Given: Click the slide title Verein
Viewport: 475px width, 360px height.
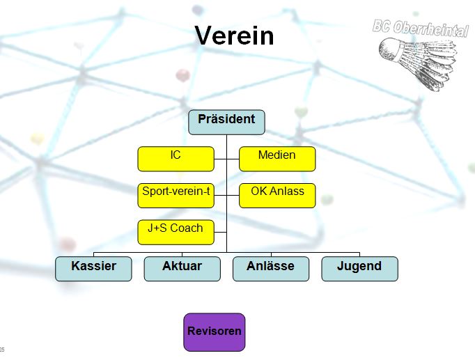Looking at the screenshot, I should (x=235, y=36).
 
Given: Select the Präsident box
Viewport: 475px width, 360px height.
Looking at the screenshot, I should (x=226, y=122).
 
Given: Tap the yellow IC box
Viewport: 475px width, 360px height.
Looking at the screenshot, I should (x=176, y=159).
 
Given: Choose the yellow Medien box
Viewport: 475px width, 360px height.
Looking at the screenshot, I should (x=277, y=159).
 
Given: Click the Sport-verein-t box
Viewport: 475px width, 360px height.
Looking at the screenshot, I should (x=176, y=195).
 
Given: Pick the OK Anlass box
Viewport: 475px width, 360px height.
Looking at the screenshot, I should (x=277, y=195).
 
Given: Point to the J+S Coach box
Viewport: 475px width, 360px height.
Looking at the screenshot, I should (x=176, y=232).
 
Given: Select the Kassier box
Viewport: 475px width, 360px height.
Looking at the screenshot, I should (x=93, y=269).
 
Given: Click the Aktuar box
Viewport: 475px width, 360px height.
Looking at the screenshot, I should (x=182, y=269).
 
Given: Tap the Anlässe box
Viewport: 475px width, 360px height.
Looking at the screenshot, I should (x=271, y=269).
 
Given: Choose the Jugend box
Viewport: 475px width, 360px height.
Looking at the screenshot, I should (x=359, y=269).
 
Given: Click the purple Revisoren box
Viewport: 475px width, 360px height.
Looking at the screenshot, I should (x=215, y=332).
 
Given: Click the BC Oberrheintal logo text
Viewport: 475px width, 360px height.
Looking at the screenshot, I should (x=419, y=29).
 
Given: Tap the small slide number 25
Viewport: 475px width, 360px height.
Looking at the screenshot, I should (x=3, y=349).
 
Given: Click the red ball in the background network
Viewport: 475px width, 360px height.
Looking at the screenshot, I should (x=182, y=75).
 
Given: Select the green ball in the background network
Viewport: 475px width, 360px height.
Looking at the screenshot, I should (x=301, y=111).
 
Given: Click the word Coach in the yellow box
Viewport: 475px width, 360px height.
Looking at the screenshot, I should (x=187, y=228).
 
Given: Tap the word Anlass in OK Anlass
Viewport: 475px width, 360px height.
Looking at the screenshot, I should (x=288, y=191).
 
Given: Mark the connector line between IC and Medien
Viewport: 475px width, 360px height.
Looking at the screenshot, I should (x=226, y=159).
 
